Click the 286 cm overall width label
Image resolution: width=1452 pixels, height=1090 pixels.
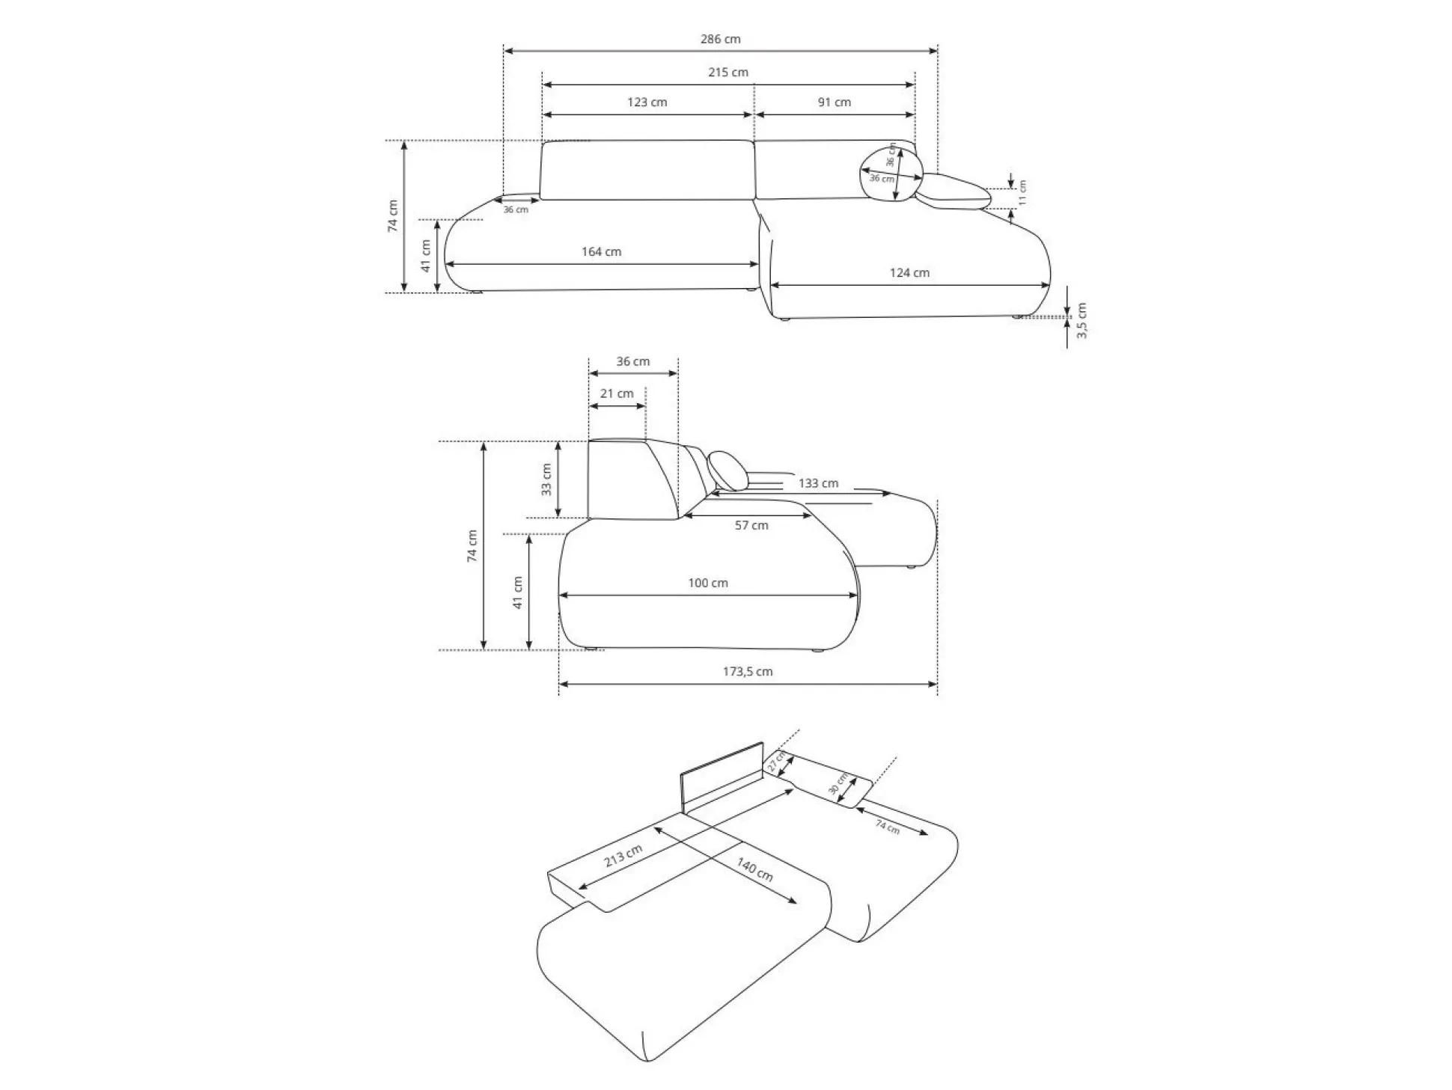click(720, 39)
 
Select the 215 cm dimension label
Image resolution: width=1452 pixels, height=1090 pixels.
click(728, 73)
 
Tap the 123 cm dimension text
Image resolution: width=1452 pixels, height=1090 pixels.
click(647, 102)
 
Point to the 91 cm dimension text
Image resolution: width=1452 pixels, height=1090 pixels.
click(835, 102)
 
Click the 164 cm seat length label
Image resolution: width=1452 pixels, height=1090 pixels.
click(602, 251)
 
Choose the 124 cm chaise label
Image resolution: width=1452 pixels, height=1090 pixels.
click(909, 273)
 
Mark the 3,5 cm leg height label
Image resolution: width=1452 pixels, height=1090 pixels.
click(1082, 320)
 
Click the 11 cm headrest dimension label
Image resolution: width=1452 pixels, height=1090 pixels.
click(1022, 192)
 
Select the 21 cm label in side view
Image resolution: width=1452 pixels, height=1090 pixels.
click(617, 394)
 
